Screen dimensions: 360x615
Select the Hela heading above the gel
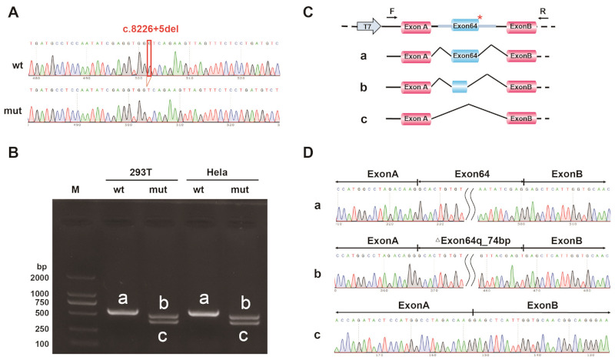pos(221,171)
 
